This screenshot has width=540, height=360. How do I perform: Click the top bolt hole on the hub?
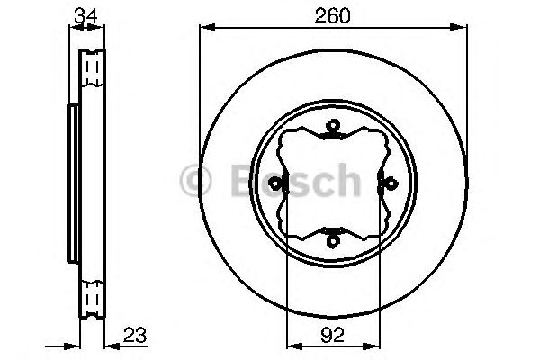pyautogui.click(x=332, y=137)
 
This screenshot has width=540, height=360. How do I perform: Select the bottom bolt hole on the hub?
pyautogui.click(x=332, y=239)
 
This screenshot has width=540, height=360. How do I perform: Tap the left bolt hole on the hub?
pyautogui.click(x=281, y=187)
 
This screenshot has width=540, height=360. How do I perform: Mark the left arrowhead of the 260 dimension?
pyautogui.click(x=203, y=29)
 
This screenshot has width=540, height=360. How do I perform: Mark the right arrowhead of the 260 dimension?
pyautogui.click(x=463, y=29)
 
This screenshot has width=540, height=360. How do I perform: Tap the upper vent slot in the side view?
pyautogui.click(x=92, y=71)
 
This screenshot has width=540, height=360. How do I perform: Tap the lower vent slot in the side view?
pyautogui.click(x=92, y=298)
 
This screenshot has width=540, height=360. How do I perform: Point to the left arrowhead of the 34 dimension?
pyautogui.click(x=72, y=29)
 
